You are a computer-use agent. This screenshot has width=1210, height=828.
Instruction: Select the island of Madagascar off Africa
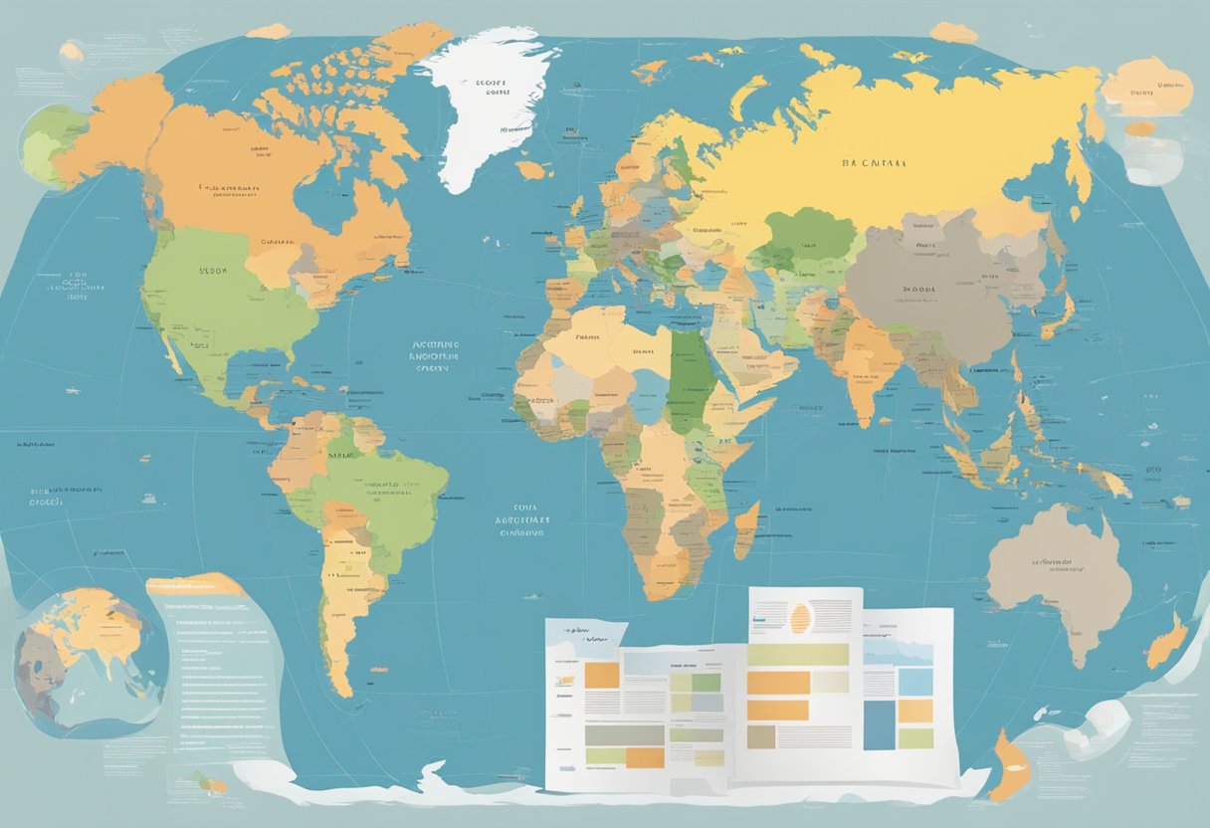click(x=746, y=530)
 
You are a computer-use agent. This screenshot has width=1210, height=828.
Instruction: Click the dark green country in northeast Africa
click(x=686, y=378)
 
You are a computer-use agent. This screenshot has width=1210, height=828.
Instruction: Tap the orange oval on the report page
click(x=800, y=617)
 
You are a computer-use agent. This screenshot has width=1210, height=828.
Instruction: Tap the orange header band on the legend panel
click(x=194, y=586)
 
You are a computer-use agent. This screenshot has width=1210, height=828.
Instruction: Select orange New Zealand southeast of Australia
click(x=1166, y=642)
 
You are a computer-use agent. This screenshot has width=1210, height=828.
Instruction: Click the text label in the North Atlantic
click(x=436, y=354)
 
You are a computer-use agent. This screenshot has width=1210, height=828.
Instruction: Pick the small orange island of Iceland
click(x=533, y=170)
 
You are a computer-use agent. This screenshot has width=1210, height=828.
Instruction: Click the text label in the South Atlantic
click(x=522, y=518)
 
